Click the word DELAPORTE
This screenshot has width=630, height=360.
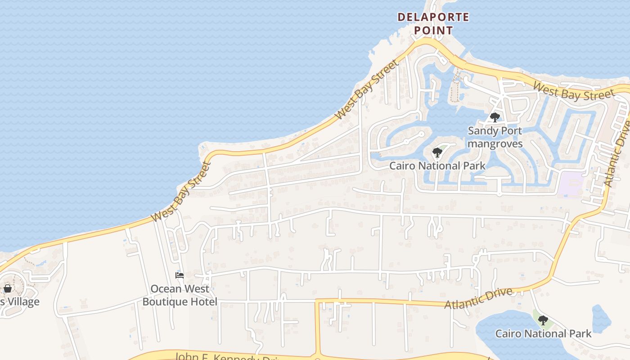click(433, 18)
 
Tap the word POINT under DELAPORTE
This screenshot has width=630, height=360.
click(433, 31)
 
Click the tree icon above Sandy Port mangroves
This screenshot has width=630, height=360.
click(495, 117)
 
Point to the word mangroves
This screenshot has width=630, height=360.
click(495, 144)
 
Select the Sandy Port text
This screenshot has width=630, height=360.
click(495, 131)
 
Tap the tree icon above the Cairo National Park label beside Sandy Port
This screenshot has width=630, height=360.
click(437, 153)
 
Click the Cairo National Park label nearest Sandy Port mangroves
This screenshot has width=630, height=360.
click(437, 166)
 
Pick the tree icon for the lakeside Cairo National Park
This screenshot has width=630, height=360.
click(543, 320)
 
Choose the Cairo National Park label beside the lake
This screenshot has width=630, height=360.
click(543, 333)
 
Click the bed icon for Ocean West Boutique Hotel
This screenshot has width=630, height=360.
click(180, 275)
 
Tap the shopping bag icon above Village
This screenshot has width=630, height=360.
click(8, 288)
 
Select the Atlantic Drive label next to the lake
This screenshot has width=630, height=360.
click(478, 298)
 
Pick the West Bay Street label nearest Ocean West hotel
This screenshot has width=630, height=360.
click(181, 191)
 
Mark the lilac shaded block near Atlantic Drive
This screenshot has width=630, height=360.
click(571, 184)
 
